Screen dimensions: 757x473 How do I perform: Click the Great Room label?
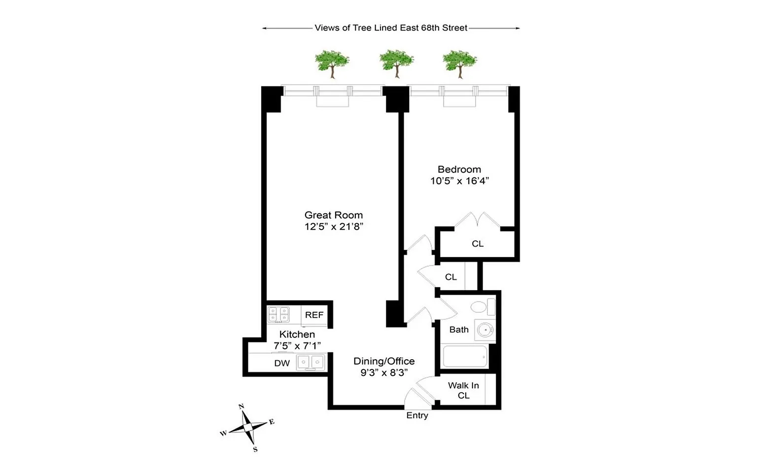tap(334, 215)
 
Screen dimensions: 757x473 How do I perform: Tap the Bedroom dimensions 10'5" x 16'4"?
tap(460, 181)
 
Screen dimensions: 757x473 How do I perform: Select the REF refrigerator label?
tap(314, 315)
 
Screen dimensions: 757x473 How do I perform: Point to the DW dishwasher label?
tap(282, 363)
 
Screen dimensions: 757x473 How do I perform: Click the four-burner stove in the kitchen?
tap(278, 314)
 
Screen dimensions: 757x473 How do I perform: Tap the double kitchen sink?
tap(310, 362)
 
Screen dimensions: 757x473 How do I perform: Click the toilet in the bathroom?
tap(483, 307)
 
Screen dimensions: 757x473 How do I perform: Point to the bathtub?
tap(465, 356)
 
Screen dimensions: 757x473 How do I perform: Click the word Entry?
tap(417, 415)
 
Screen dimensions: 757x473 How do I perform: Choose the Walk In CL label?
tap(463, 390)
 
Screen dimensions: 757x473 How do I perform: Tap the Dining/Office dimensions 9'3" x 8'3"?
tap(384, 372)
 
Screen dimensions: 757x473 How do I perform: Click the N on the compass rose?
tap(241, 406)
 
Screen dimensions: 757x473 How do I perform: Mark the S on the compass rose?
tap(255, 449)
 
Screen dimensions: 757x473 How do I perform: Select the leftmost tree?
tap(332, 64)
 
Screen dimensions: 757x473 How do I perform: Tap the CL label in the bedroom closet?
tap(478, 243)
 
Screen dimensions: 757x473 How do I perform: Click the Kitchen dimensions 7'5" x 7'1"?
tap(297, 346)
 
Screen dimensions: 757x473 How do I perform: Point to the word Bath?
tap(459, 330)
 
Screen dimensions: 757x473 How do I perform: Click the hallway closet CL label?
tap(451, 277)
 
